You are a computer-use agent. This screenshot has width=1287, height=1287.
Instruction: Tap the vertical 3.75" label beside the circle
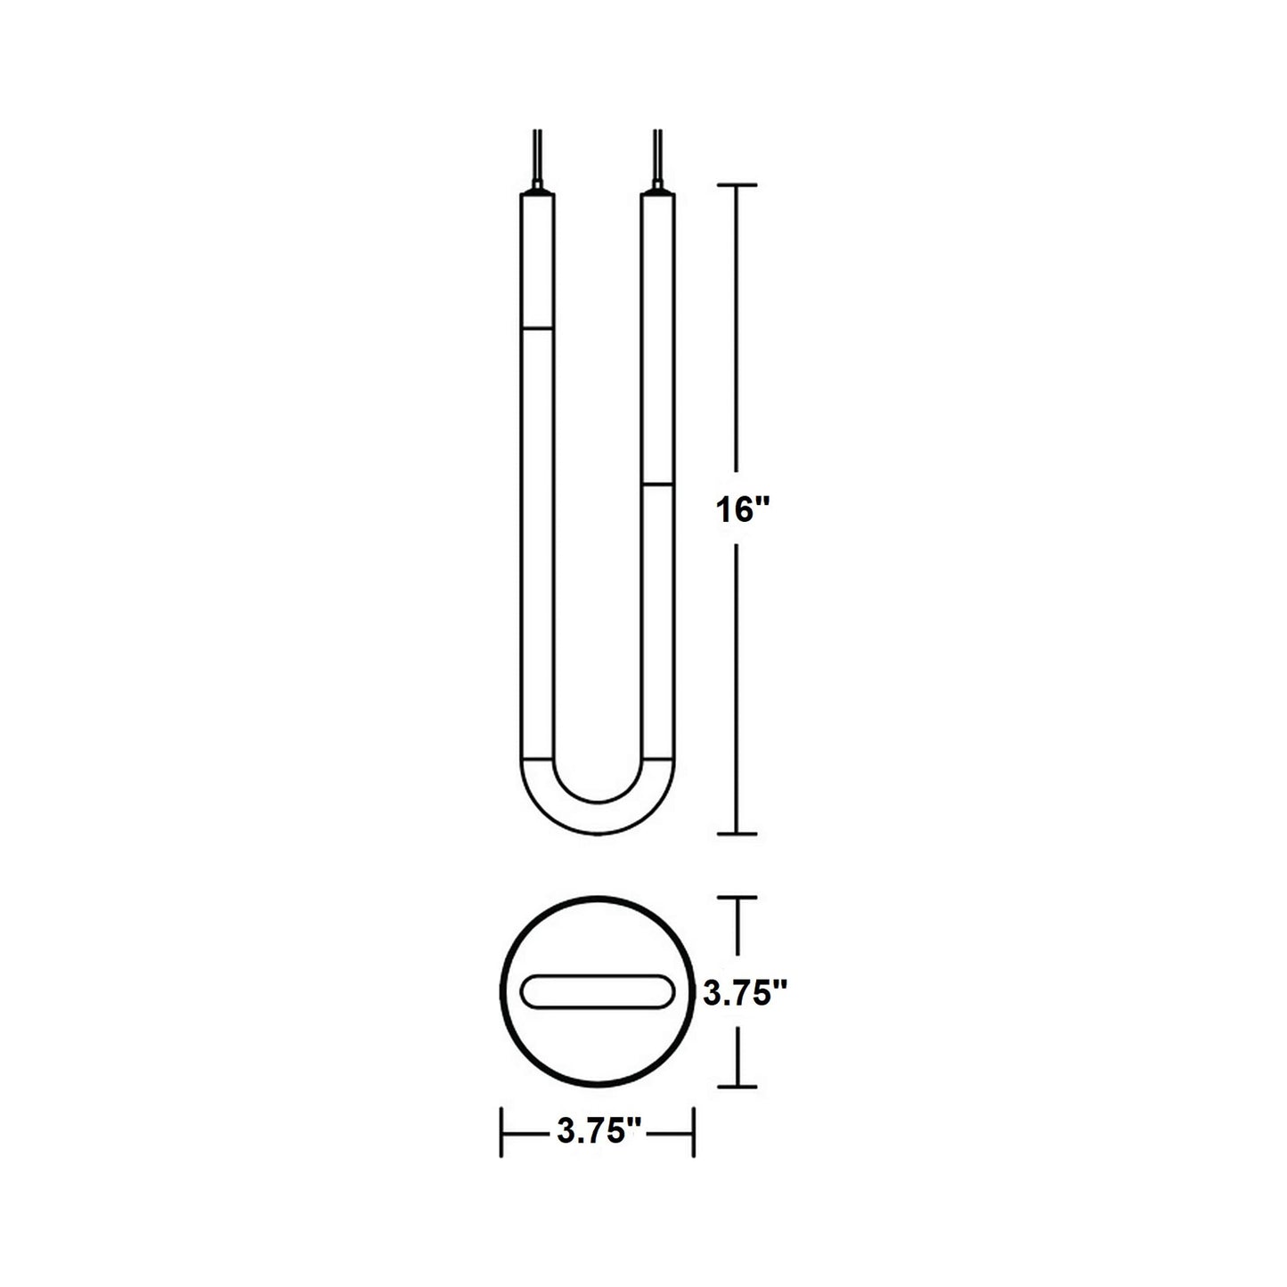745,993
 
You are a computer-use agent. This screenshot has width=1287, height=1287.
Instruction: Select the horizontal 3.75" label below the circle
599,1133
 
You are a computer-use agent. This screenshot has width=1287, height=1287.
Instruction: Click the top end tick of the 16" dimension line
737,184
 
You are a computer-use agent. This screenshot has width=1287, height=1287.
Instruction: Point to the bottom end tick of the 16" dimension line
737,834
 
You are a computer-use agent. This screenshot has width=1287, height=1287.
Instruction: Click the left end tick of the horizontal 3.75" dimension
503,1132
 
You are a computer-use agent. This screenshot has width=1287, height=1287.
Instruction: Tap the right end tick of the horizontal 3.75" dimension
693,1132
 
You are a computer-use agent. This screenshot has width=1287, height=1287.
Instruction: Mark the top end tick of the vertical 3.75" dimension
737,898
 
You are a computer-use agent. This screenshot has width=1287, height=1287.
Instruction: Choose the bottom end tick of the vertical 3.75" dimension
737,1087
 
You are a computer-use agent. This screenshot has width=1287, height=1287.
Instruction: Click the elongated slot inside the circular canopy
598,992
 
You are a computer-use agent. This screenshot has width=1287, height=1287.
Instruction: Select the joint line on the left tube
537,329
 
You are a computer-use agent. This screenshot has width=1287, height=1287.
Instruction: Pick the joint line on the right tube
657,485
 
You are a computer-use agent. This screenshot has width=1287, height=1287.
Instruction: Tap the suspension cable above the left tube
537,156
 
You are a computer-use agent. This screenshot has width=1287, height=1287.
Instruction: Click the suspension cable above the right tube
657,156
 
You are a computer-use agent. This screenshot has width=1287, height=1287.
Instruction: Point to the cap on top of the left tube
537,189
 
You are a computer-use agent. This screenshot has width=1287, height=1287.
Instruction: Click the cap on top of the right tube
657,189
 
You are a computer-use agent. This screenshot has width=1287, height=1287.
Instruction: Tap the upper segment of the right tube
657,338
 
